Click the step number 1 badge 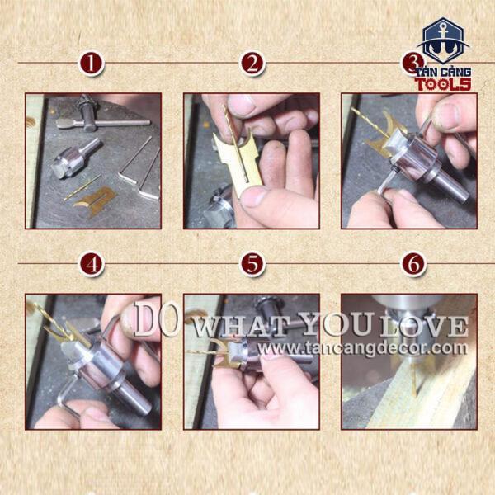[91, 64]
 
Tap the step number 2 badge [252, 64]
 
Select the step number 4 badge [92, 264]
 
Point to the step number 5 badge [252, 264]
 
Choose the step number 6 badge [413, 264]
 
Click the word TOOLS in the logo [443, 84]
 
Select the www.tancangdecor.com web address [362, 348]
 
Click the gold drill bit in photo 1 [82, 187]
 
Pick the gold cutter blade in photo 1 [95, 200]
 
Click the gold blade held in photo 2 [240, 161]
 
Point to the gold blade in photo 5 [223, 355]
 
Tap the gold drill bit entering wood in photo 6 [414, 377]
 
